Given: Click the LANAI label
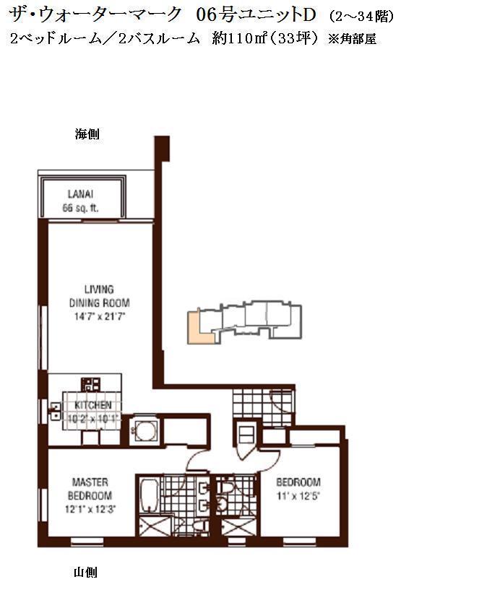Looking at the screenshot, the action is click(x=80, y=194).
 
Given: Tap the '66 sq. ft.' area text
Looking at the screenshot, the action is click(x=80, y=208).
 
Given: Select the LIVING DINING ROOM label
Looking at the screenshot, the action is click(x=99, y=296).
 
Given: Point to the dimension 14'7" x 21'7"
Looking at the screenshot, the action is click(x=99, y=317).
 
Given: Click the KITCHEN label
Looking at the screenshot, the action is click(x=93, y=405).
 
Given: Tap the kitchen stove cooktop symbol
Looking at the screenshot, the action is click(x=91, y=384).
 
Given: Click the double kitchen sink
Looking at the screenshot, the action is click(x=55, y=411).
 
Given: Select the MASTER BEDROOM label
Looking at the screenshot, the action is click(x=90, y=489).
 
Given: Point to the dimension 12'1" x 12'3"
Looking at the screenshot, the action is click(x=90, y=509).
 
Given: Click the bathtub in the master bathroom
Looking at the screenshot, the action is click(x=149, y=495).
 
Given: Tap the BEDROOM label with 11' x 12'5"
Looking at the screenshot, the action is click(x=298, y=482).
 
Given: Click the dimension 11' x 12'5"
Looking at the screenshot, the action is click(x=298, y=496).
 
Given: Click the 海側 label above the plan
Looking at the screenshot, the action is click(x=87, y=134).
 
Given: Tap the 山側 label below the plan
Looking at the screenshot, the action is click(x=85, y=573).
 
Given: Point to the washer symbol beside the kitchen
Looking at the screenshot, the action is click(x=144, y=432).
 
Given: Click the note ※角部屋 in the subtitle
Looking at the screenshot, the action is click(x=353, y=39).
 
